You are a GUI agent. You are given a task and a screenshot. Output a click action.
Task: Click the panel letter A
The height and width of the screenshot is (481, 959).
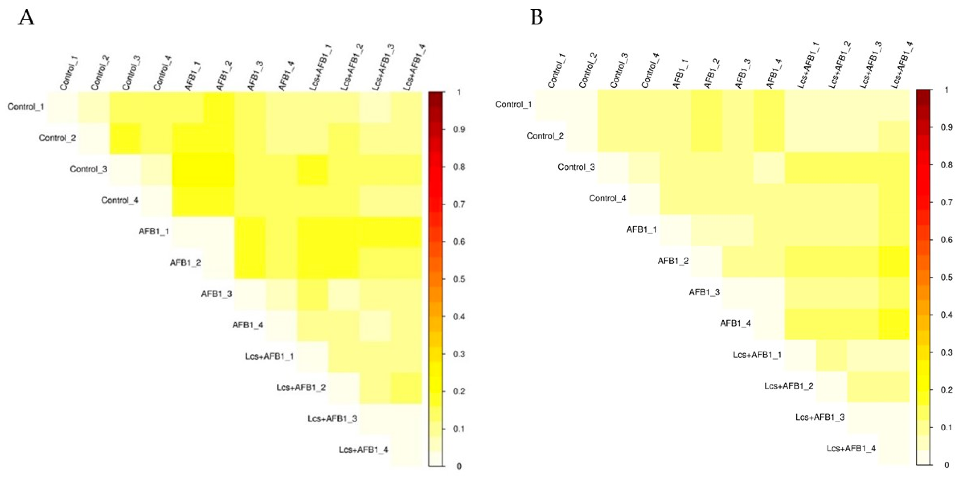tap(26, 17)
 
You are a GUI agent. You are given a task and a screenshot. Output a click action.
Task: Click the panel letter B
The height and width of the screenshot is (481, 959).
tap(536, 17)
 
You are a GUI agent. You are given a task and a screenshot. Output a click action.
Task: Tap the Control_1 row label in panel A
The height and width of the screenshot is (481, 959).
tap(26, 107)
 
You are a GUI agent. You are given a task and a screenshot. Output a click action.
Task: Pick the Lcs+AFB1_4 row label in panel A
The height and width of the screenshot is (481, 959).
tap(363, 450)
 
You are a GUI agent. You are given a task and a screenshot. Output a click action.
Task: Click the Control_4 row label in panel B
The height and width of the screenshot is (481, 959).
tap(607, 198)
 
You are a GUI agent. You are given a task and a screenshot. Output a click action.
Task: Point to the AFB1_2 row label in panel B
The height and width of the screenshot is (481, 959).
tap(673, 261)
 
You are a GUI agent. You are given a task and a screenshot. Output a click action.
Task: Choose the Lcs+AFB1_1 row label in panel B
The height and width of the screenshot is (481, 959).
tap(757, 354)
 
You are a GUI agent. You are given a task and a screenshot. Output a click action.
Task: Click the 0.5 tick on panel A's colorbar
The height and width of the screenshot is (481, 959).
tap(459, 279)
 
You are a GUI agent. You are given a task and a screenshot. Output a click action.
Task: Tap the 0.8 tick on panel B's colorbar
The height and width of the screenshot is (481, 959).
tap(947, 165)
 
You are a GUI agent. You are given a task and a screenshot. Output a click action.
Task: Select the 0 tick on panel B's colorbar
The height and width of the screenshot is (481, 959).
tap(947, 465)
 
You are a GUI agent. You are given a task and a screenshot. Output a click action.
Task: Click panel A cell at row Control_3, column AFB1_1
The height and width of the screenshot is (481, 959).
tap(188, 169)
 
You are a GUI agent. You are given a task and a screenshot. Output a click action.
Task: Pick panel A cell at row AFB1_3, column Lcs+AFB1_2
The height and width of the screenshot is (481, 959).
tap(344, 294)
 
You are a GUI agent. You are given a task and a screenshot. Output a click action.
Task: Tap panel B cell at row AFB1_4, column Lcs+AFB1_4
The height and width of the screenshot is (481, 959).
tap(894, 324)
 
